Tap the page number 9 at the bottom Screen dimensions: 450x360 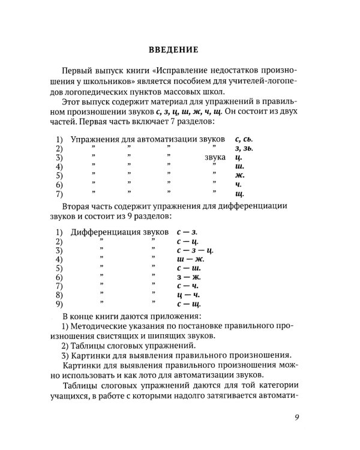[x=298, y=418]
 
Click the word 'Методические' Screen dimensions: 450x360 [x=102, y=325]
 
